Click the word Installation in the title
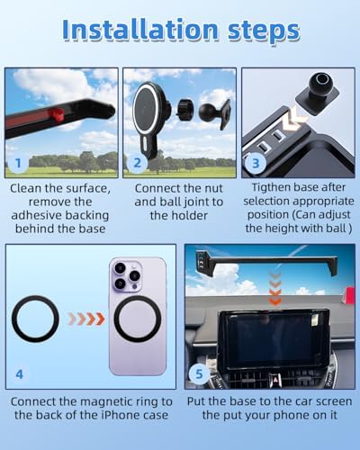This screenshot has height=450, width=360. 140,30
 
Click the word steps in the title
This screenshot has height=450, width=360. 264,32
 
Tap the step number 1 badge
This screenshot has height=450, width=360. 18,163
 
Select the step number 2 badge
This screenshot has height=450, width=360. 137,163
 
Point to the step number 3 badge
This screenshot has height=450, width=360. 256,164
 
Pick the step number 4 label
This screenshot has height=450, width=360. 19,374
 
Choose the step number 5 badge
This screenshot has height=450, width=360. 199,374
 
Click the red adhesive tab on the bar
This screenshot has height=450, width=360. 57,114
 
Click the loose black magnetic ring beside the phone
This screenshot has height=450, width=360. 35,319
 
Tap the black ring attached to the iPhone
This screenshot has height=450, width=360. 138,319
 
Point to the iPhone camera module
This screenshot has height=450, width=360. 127,276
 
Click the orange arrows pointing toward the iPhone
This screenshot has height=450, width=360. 86,319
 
